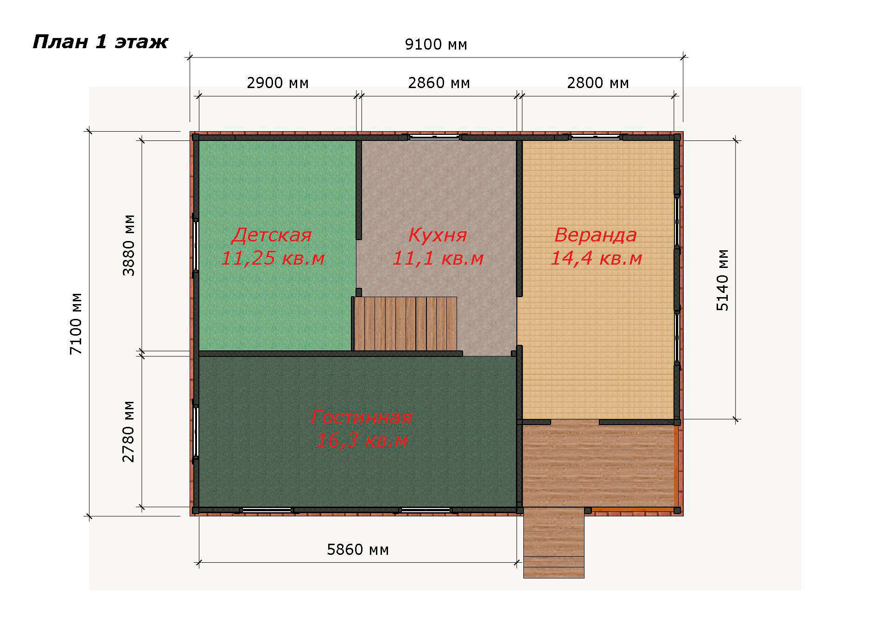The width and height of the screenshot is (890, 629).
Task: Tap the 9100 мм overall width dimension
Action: coord(436,44)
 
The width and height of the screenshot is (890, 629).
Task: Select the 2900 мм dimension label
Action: coord(278,83)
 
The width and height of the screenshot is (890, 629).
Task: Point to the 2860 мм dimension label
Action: coord(439,83)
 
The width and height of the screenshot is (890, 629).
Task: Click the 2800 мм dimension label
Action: coord(598,83)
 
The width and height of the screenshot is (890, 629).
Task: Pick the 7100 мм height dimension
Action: coord(76,324)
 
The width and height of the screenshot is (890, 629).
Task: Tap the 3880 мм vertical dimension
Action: coord(128,245)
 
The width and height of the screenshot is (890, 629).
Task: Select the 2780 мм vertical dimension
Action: coord(128,432)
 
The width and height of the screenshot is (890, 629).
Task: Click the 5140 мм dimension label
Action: coord(723,280)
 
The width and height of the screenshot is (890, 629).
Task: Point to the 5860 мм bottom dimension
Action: coord(358,550)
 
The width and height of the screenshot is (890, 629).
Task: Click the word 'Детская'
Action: coord(272,235)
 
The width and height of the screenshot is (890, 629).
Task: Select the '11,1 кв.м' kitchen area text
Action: coord(438,258)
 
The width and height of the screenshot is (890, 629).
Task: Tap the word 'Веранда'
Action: coord(596,235)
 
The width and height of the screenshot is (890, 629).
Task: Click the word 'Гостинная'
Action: coord(362,417)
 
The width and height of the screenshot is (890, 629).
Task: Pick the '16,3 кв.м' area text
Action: coord(362,440)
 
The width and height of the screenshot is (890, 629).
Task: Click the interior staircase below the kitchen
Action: coord(405,324)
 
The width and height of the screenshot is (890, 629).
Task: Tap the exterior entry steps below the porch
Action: coord(553,543)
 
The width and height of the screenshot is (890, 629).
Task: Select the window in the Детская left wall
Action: coord(196,246)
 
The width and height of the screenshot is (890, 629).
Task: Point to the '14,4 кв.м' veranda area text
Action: coord(596,258)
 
